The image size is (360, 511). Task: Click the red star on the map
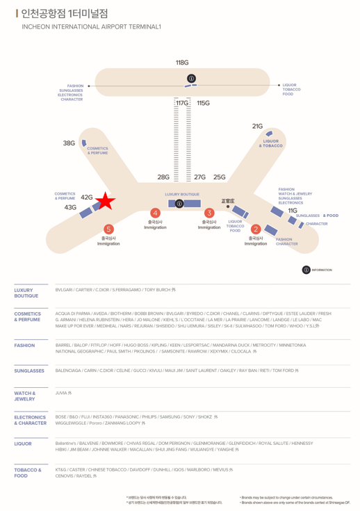pos(105,202)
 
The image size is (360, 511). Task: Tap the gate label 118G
pos(182,63)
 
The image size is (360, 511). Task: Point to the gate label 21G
pos(258,126)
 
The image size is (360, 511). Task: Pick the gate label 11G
pos(293,210)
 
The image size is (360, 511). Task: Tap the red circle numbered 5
pos(108,229)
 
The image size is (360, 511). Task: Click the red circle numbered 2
pos(256,229)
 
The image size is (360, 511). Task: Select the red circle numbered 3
pos(209,212)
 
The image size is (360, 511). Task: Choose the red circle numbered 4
pos(156,212)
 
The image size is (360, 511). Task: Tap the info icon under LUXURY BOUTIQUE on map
pos(179,204)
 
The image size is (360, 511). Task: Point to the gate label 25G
pos(220,177)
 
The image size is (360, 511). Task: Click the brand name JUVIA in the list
pos(62,393)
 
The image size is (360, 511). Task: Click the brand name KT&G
pos(61,470)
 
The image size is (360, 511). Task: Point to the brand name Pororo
pos(95,423)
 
